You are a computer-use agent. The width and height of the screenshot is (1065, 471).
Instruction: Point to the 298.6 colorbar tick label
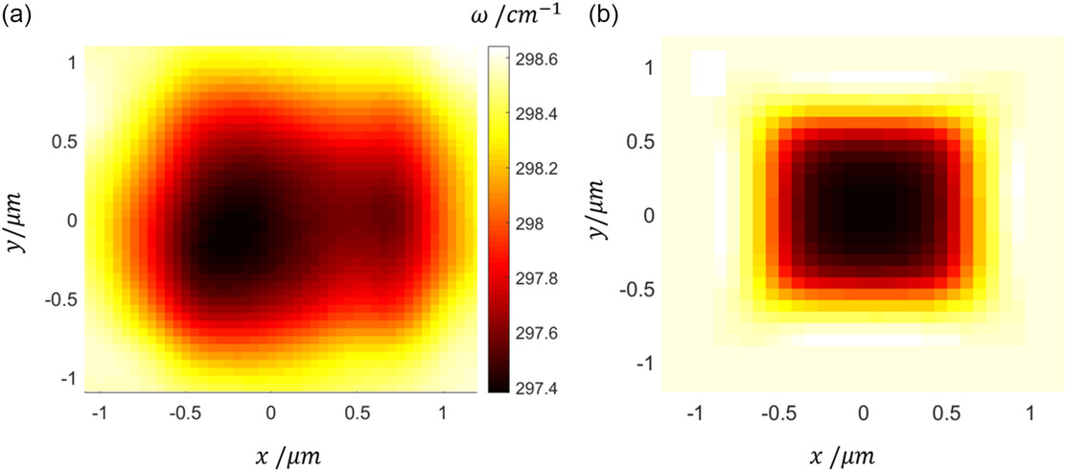[x=543, y=59]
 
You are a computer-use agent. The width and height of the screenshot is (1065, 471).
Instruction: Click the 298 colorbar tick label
[x=533, y=224]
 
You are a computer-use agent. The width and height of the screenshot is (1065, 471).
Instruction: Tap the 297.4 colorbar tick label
[x=543, y=388]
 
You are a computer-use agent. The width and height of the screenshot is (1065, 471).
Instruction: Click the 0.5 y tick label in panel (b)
[x=639, y=141]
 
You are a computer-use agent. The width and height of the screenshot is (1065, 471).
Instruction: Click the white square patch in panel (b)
[x=708, y=72]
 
